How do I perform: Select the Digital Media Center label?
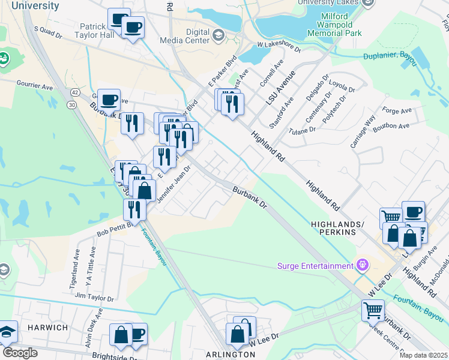(185, 36)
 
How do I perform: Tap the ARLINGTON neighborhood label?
(231, 354)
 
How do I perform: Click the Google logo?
(20, 353)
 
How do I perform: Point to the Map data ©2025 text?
(423, 355)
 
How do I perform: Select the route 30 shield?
(72, 104)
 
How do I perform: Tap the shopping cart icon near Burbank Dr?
(373, 311)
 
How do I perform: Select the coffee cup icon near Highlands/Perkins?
(413, 212)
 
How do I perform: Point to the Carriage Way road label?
(363, 131)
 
